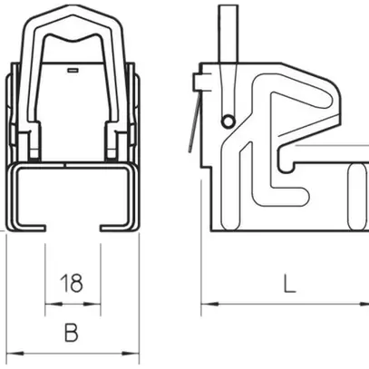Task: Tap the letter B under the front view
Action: (x=70, y=333)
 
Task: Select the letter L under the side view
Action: (x=288, y=285)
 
